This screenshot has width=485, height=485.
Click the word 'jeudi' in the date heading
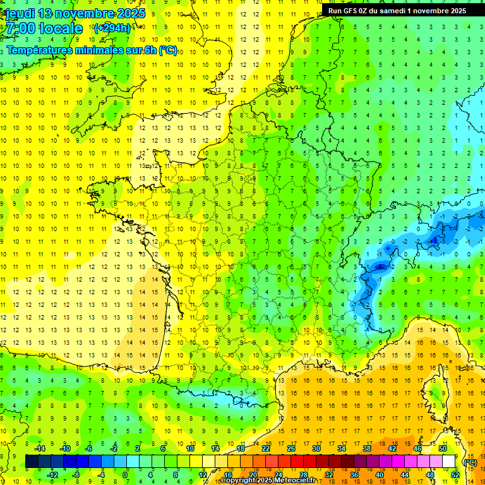[20, 14]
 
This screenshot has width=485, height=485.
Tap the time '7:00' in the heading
[20, 28]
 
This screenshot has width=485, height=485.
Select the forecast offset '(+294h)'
[112, 28]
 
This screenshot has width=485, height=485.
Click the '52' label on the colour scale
[455, 474]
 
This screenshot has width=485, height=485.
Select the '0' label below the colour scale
[125, 474]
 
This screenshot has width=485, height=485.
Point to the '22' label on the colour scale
[266, 448]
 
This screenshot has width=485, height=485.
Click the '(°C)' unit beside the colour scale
[470, 462]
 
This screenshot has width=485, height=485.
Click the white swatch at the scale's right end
[448, 462]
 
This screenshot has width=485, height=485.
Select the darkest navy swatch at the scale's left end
[32, 462]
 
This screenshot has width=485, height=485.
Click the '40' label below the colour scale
[380, 474]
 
